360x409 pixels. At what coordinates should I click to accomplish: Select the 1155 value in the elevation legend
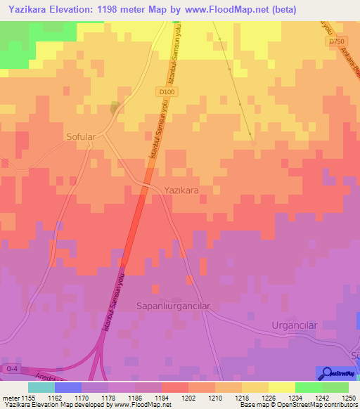(x=28, y=397)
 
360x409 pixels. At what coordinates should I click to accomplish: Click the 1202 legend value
(x=188, y=397)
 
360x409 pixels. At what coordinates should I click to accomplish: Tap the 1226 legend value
(x=268, y=397)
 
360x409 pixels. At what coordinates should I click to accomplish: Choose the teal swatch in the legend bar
(x=41, y=387)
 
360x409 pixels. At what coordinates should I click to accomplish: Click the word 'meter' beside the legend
(x=11, y=397)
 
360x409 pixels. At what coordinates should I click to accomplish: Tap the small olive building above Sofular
(x=115, y=108)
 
